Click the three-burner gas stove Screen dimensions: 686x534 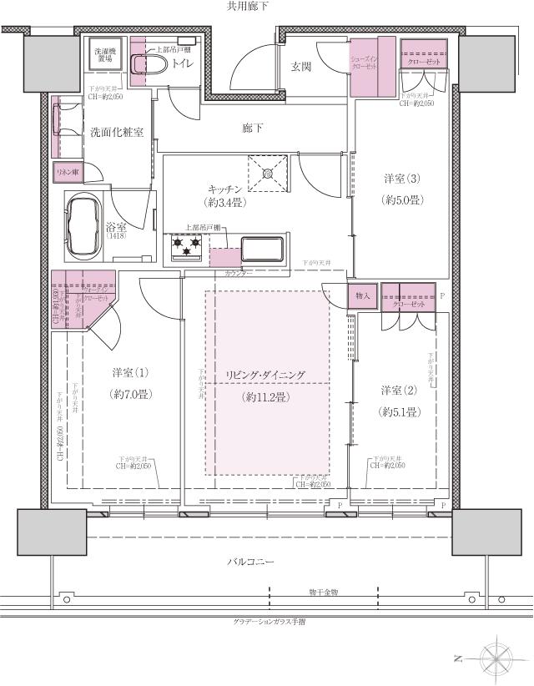point(188,246)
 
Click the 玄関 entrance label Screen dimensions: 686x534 point(302,66)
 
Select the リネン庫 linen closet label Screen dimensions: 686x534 point(68,172)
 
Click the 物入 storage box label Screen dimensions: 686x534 point(361,295)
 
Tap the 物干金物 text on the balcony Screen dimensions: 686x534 point(322,592)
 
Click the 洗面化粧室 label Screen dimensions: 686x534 point(116,133)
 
